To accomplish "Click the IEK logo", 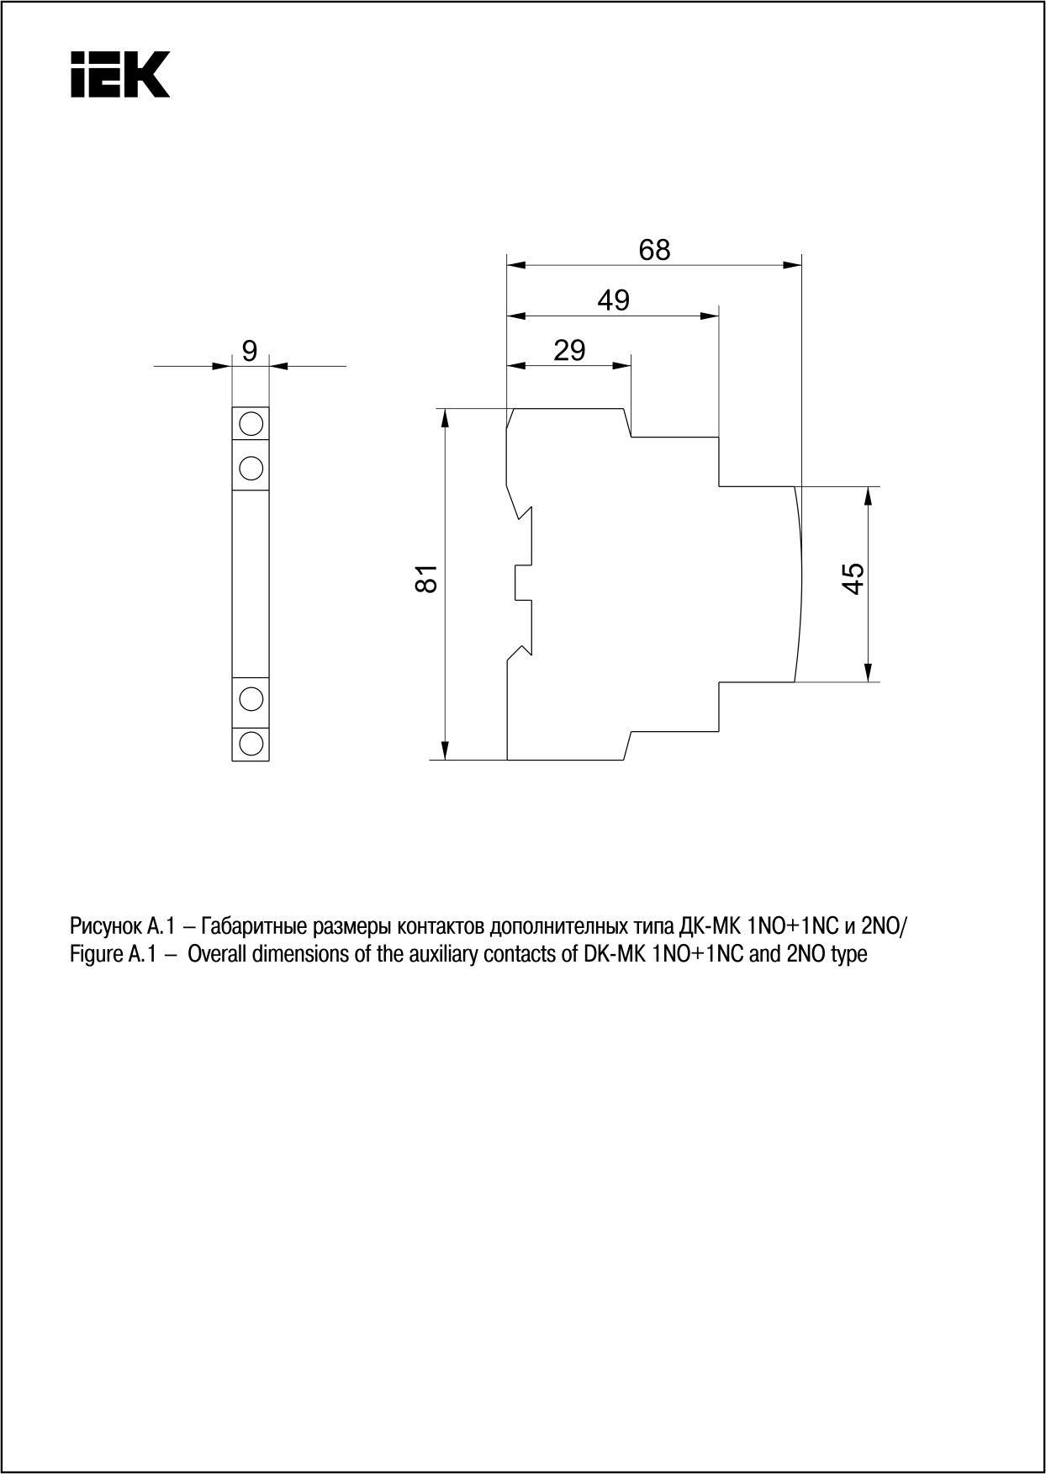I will pos(120,74).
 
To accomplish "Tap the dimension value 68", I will pos(655,250).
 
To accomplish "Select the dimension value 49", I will pos(613,300).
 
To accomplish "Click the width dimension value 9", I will pos(250,351).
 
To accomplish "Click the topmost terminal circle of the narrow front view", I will pos(251,422).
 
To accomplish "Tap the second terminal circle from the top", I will pos(251,465).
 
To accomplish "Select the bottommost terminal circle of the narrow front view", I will pos(251,742).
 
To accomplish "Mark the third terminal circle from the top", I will pos(251,697).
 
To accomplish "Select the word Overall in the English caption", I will pos(214,955).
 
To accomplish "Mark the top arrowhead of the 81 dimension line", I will pos(446,417).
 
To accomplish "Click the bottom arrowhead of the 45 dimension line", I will pos(869,672).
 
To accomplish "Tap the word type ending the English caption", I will pos(848,956).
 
